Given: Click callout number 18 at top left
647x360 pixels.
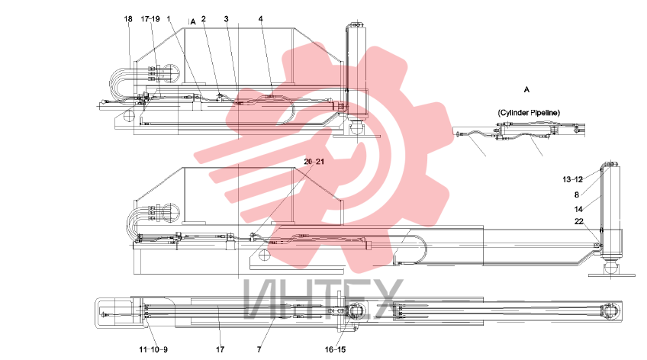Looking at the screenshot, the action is (128, 19).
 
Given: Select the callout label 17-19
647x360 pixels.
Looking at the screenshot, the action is (150, 19).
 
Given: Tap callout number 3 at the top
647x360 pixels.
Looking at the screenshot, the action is (226, 19).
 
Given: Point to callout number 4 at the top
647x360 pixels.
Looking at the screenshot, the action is (261, 19).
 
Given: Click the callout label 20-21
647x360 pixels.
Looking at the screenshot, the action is (314, 162).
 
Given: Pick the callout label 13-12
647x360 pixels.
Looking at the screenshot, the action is (572, 179).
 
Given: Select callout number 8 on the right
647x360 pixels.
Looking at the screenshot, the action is (577, 194).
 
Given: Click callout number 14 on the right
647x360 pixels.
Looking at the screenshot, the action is (578, 209).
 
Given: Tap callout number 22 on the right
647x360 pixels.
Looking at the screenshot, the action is (579, 221).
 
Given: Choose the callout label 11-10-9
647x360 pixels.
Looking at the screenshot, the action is (153, 349).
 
